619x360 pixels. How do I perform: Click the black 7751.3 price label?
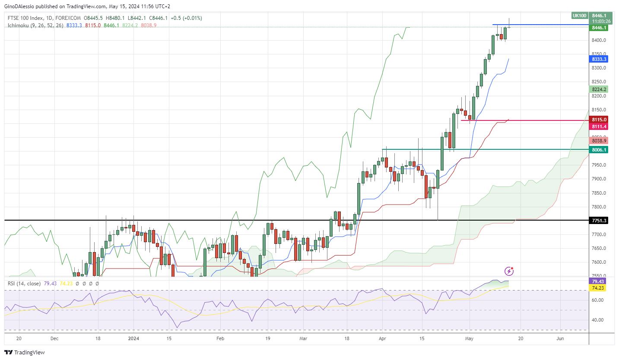(599, 221)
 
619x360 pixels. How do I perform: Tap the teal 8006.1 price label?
(599, 150)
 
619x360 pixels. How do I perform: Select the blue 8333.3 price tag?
(599, 59)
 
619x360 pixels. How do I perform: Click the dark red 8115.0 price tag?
(599, 120)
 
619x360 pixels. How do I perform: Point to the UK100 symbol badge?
(579, 16)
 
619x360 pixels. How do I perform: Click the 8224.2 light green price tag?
(599, 89)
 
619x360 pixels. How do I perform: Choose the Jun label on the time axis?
(560, 339)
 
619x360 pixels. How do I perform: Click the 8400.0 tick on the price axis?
(598, 40)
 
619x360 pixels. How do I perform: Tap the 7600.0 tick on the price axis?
(598, 262)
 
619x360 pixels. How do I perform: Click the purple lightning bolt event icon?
(509, 271)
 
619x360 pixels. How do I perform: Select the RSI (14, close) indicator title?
(24, 284)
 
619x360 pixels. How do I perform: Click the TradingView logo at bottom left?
(25, 352)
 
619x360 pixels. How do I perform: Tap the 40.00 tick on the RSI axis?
(597, 320)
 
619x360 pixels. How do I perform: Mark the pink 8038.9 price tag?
(599, 141)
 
